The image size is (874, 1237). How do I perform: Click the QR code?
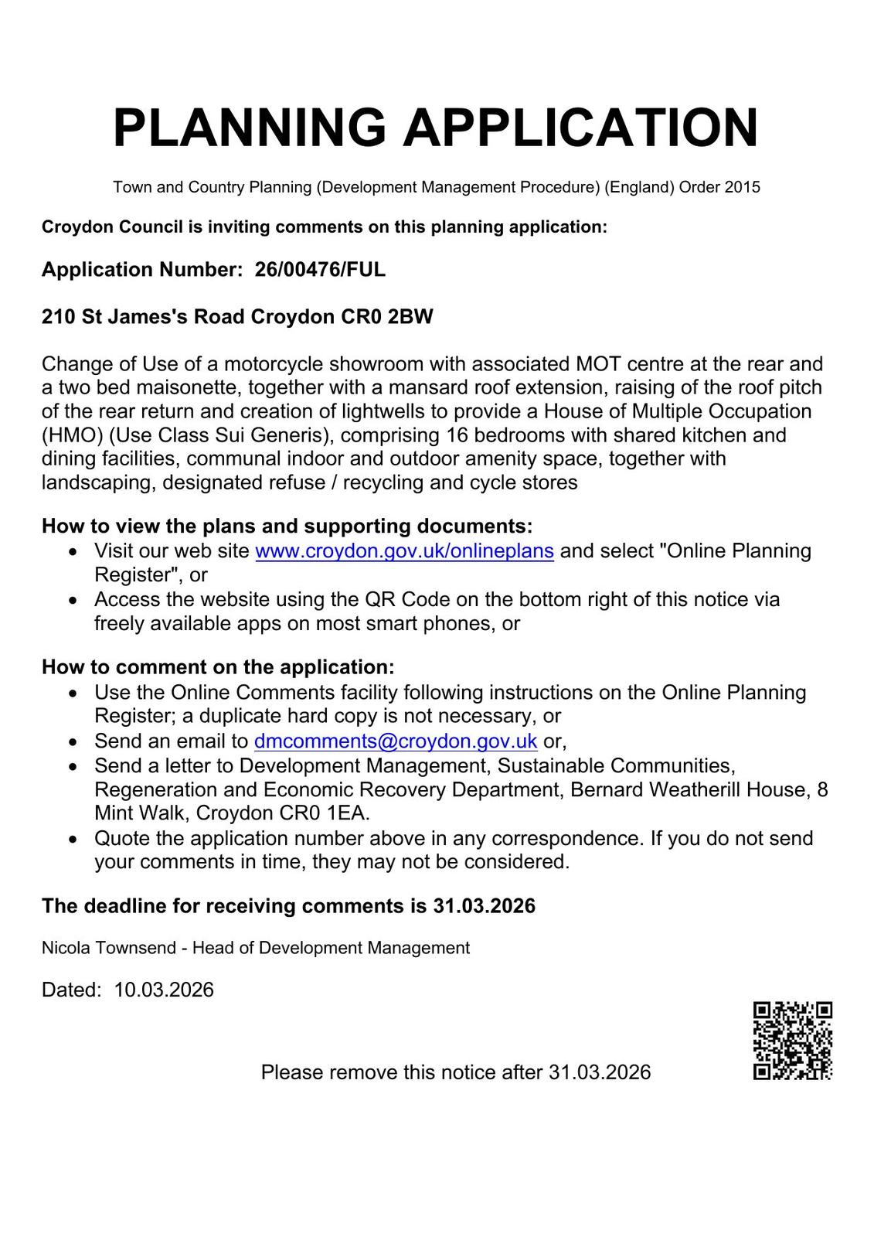pos(792,1041)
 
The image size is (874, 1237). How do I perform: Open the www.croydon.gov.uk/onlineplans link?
pos(404,551)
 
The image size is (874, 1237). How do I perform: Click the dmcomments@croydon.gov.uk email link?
pos(396,741)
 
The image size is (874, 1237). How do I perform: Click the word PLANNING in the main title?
pos(249,128)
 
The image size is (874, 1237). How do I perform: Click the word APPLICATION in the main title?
pos(580,128)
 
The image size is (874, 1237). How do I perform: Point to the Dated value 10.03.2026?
pos(164,990)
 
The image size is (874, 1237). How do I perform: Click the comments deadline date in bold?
pos(484,906)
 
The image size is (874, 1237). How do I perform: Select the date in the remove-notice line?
pos(600,1072)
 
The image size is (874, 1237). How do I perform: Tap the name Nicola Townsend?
pos(108,948)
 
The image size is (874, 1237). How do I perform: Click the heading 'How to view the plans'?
pos(287,526)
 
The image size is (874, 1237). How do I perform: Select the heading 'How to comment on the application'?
pos(218,667)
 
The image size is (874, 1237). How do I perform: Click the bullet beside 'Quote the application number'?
pos(73,839)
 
